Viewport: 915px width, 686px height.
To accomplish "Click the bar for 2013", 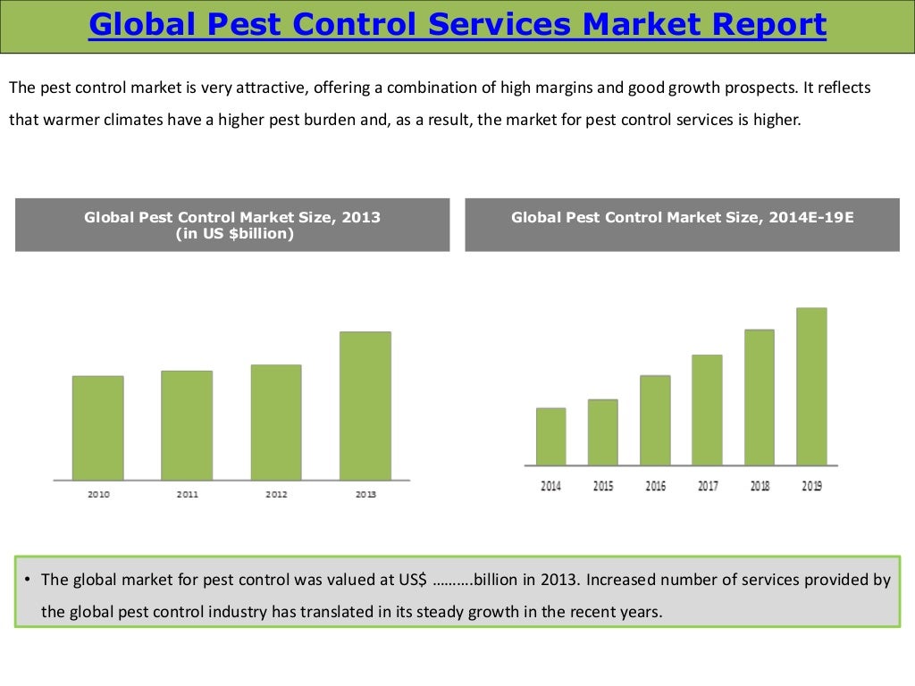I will (365, 406).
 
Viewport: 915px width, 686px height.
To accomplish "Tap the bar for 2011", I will (187, 425).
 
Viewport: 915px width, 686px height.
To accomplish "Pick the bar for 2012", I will (276, 422).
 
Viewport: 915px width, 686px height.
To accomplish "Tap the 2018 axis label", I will (760, 486).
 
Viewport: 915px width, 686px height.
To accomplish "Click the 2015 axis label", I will (603, 486).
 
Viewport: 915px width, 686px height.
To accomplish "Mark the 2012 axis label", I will (276, 494).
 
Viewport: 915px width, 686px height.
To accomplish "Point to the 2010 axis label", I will (98, 494).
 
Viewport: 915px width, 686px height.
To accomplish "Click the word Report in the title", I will (768, 25).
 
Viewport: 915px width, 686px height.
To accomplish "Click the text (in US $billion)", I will (232, 234).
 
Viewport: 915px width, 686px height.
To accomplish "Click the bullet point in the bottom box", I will (28, 580).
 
